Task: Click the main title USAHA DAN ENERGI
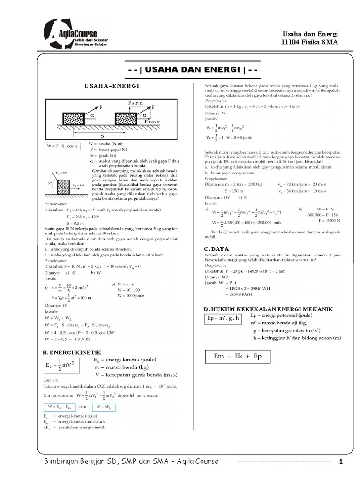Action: (x=193, y=69)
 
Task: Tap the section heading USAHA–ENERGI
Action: (x=112, y=86)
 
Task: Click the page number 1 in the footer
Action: (x=341, y=462)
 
